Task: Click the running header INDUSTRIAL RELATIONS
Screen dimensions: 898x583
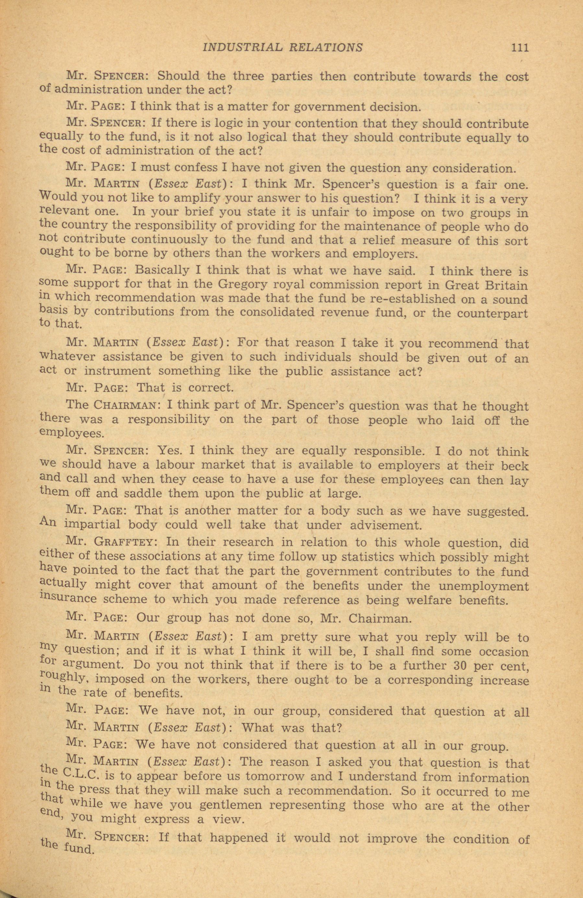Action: pyautogui.click(x=282, y=48)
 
